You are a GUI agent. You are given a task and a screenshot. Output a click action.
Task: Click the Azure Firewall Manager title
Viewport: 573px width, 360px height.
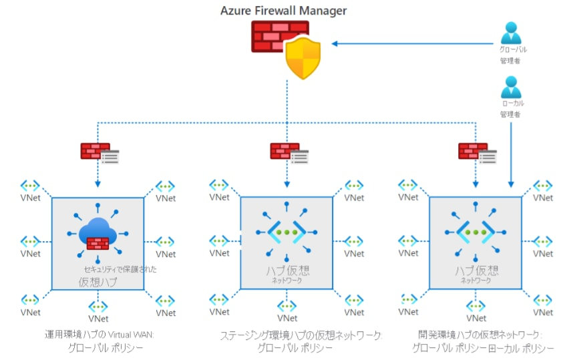coord(284,10)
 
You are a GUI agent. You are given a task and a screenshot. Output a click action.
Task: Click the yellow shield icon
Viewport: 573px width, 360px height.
coord(303,58)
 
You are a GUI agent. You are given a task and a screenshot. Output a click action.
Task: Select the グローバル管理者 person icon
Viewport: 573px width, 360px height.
coord(511,33)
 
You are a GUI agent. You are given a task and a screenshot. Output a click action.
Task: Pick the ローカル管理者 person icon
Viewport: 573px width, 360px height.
coord(511,87)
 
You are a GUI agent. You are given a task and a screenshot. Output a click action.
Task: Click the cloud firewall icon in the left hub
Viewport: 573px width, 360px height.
coord(98,234)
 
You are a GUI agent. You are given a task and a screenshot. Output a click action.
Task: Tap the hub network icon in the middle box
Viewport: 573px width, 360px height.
coord(286,234)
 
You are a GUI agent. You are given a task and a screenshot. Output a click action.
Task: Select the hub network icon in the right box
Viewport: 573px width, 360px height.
coord(475,234)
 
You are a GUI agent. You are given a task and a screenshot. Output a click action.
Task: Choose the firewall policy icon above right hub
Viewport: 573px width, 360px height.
coord(477,152)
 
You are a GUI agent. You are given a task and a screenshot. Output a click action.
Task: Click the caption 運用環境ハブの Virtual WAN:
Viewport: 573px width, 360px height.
coord(98,335)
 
